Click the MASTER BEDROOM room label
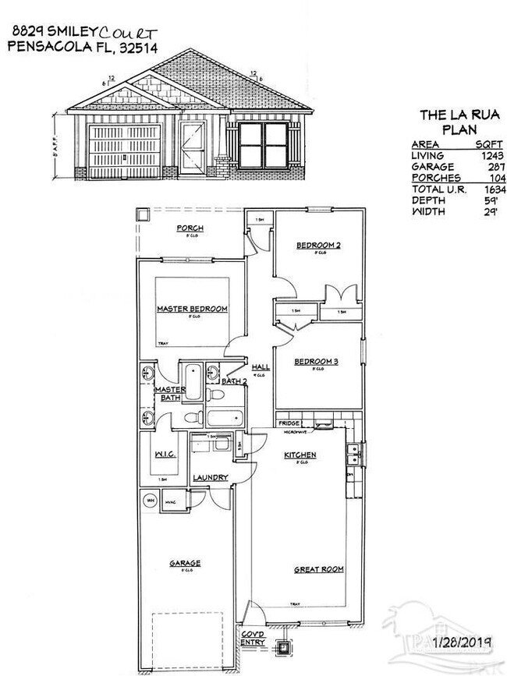click(x=192, y=310)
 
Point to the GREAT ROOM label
click(x=318, y=569)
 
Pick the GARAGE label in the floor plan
click(x=185, y=563)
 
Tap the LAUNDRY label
click(x=211, y=477)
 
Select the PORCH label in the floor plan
click(x=190, y=228)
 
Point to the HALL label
click(x=261, y=366)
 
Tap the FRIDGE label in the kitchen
click(x=289, y=423)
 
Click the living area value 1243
click(x=492, y=156)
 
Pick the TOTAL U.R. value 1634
click(x=492, y=189)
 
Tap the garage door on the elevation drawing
click(x=125, y=150)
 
